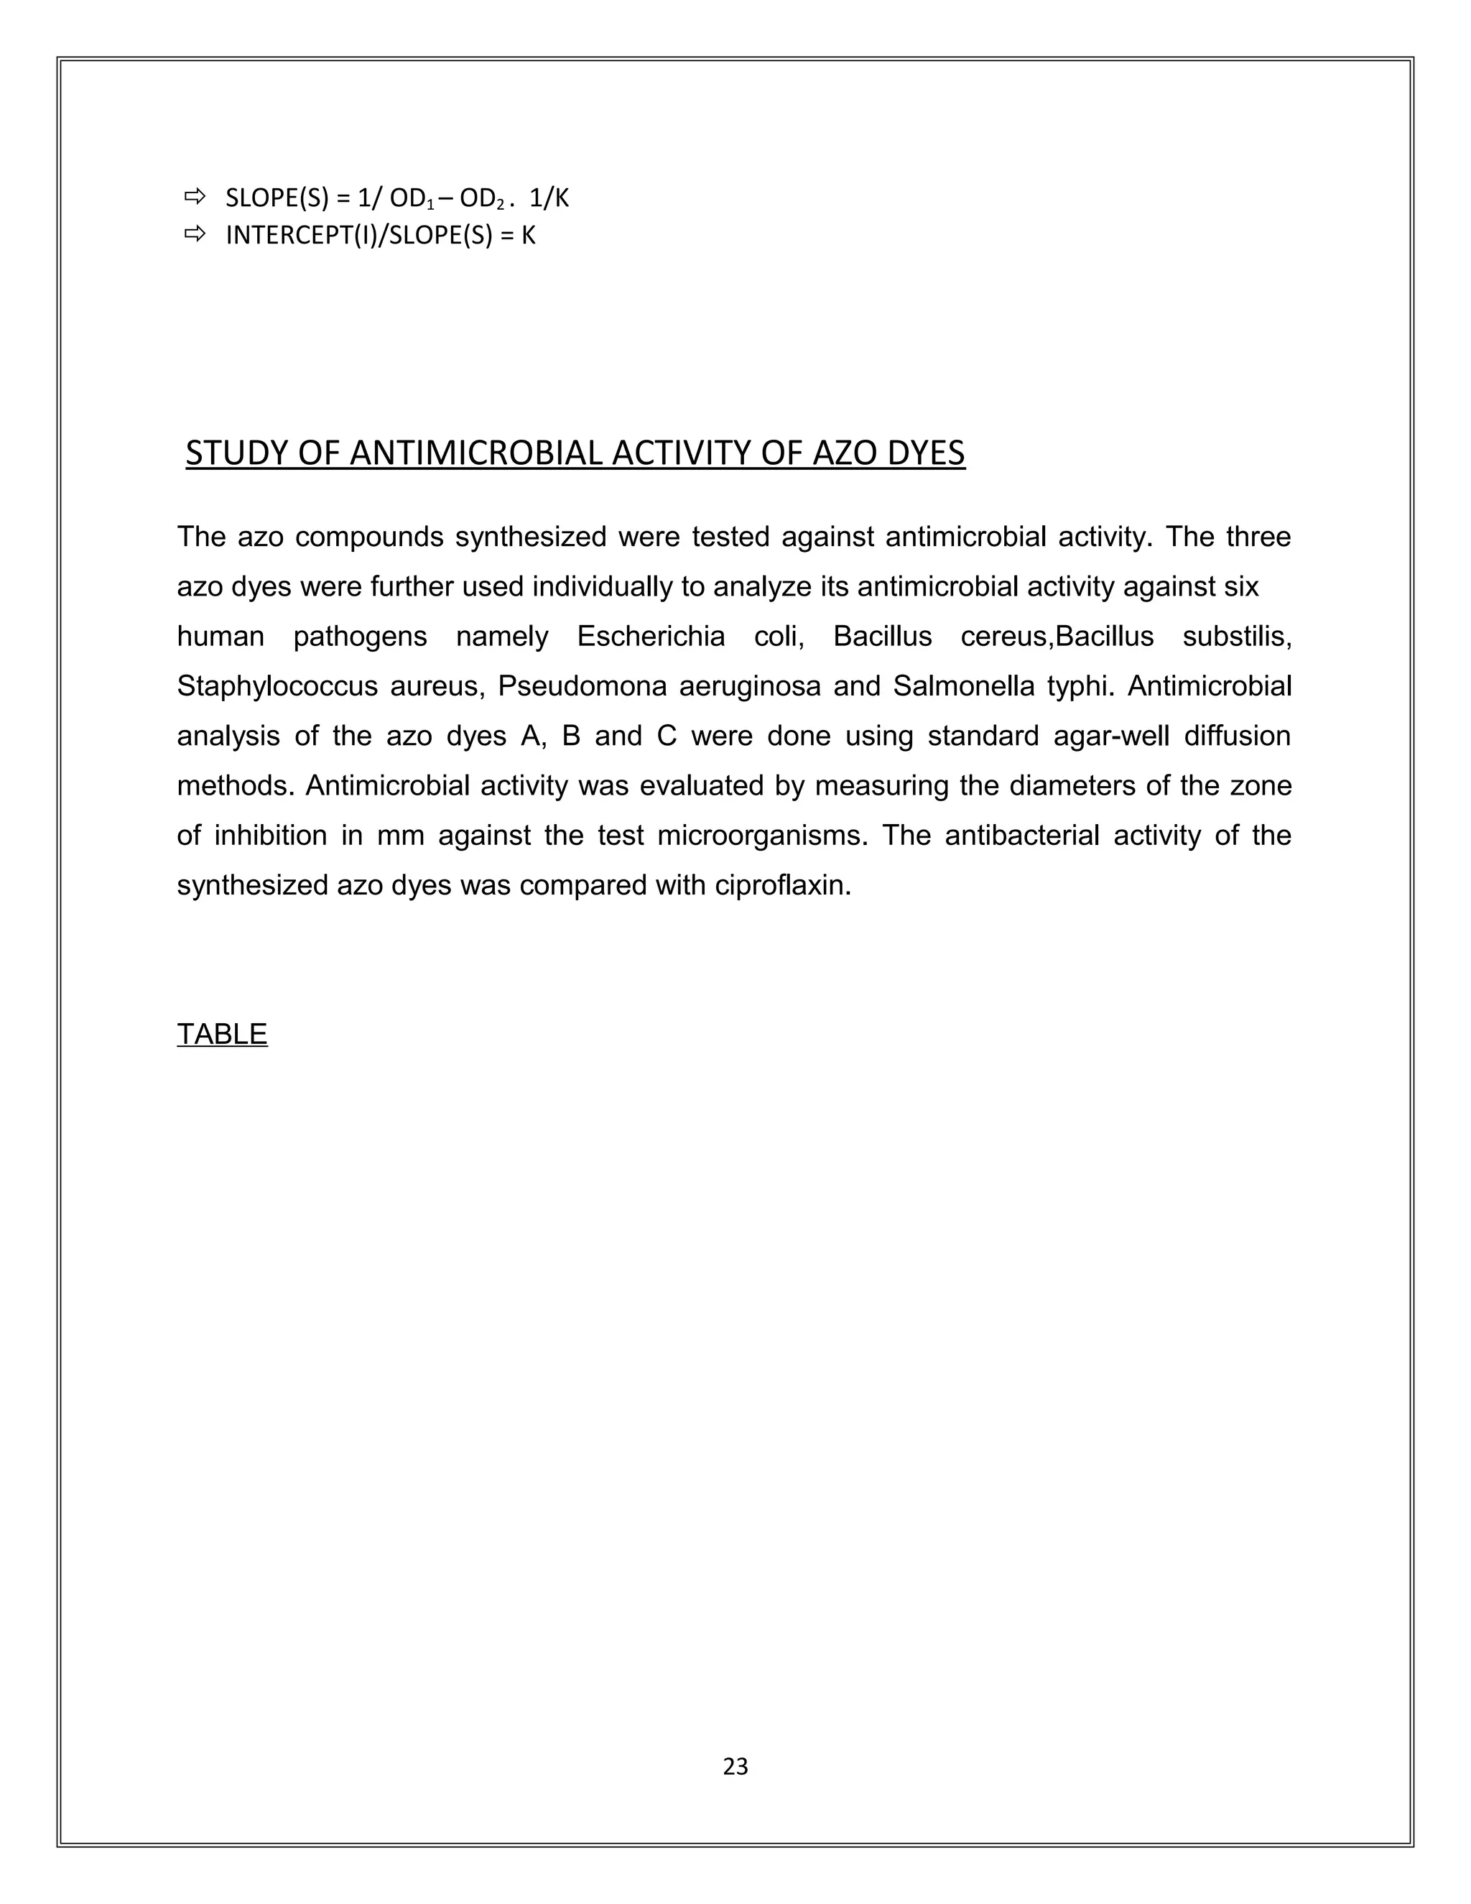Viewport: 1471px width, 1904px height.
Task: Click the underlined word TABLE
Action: [x=221, y=1034]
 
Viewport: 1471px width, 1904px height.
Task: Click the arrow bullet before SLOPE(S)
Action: [x=193, y=197]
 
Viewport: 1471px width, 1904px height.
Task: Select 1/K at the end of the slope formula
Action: [x=549, y=199]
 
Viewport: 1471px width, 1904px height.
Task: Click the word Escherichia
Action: [x=650, y=637]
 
